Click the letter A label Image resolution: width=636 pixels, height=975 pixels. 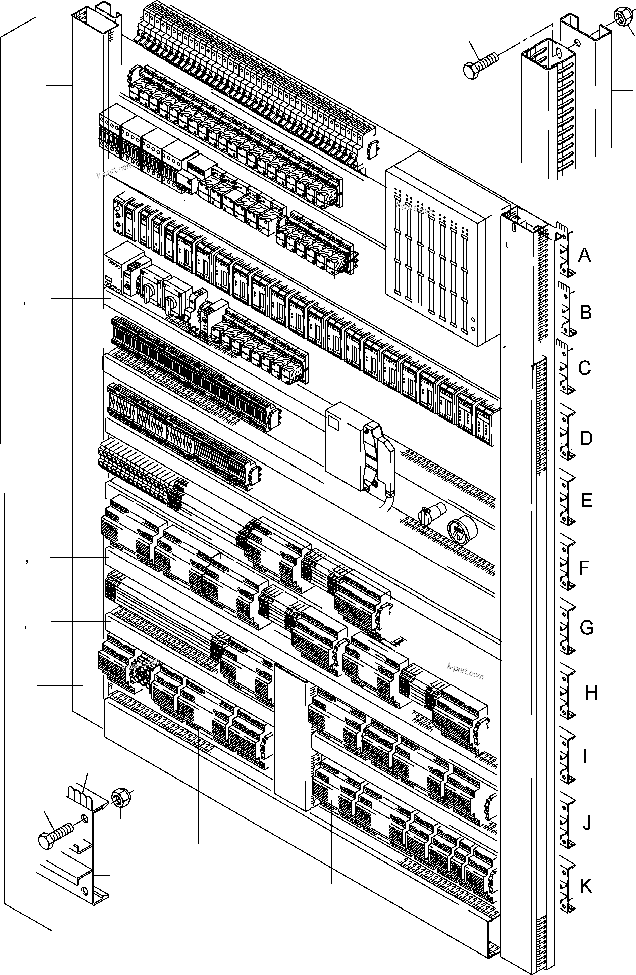[584, 255]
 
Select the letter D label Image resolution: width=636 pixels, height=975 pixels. [586, 439]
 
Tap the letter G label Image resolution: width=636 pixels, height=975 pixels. [586, 628]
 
